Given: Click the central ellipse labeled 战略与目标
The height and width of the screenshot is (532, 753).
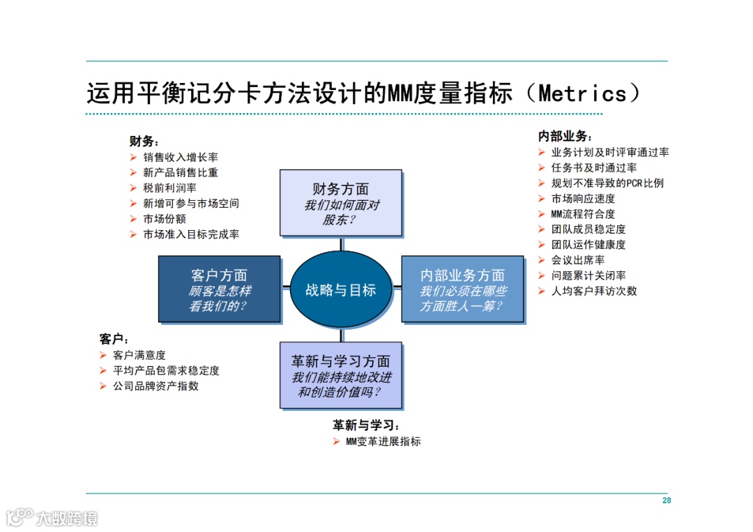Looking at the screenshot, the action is tap(341, 289).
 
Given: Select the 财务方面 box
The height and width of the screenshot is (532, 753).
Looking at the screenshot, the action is tap(341, 203).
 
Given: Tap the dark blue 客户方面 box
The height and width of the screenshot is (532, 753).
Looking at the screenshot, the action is tap(219, 289).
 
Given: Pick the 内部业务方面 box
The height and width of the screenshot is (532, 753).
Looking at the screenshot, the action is tap(462, 289).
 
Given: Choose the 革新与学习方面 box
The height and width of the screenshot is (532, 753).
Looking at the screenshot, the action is tap(341, 375).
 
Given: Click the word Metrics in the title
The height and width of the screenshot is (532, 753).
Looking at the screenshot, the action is tap(583, 93).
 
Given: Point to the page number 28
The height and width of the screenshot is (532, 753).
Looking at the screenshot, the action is tap(667, 501).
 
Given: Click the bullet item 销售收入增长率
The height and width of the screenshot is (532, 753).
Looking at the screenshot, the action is tap(181, 158).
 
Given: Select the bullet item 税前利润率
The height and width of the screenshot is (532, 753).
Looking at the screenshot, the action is tap(169, 188).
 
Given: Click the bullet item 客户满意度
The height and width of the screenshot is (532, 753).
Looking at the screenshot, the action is tap(139, 356).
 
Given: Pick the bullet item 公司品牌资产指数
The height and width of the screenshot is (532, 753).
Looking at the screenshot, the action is tap(155, 386).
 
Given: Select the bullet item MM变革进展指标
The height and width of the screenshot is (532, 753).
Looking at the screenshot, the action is tap(383, 441).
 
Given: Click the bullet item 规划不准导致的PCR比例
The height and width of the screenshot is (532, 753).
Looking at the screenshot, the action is tap(607, 183).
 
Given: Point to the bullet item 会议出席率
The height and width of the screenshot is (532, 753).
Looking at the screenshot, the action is tap(578, 260).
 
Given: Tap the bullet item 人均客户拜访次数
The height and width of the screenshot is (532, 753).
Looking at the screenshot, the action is tap(594, 291).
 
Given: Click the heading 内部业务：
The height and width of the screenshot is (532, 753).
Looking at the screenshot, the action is tap(565, 137).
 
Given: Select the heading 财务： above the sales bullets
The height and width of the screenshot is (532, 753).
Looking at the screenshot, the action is tap(144, 142).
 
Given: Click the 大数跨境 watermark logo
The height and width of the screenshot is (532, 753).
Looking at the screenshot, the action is tap(52, 517).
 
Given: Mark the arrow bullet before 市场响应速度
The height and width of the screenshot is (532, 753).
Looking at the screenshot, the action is tap(542, 199).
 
